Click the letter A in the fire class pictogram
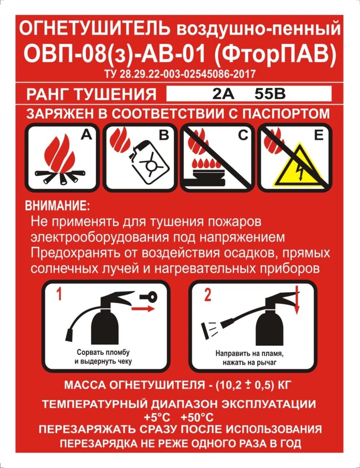pyautogui.click(x=86, y=135)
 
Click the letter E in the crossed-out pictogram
pyautogui.click(x=319, y=135)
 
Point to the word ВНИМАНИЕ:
pyautogui.click(x=57, y=206)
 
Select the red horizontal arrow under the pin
pyautogui.click(x=143, y=308)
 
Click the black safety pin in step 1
pyautogui.click(x=148, y=296)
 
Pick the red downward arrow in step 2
pyautogui.click(x=296, y=300)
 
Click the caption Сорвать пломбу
pyautogui.click(x=103, y=352)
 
